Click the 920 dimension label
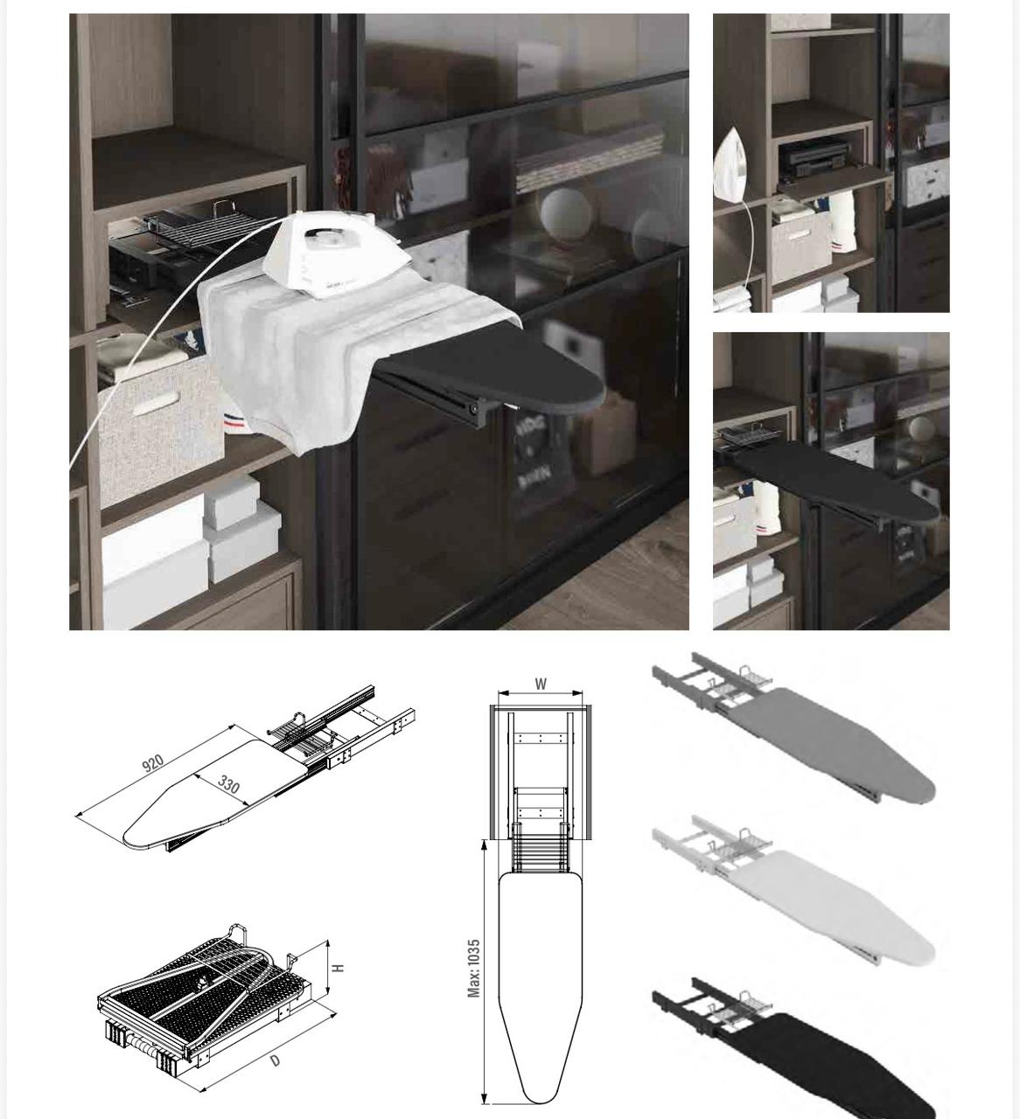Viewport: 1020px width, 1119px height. point(152,763)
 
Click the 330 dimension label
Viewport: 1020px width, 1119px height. point(228,784)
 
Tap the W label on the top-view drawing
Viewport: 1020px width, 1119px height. point(541,684)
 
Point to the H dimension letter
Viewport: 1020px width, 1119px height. point(338,968)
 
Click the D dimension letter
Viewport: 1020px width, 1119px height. point(275,1060)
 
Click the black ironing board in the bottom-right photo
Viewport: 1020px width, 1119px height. point(835,480)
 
